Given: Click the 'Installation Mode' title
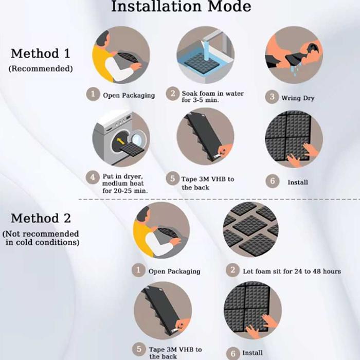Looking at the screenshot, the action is coord(181,6).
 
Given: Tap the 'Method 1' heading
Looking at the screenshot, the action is coord(41,53).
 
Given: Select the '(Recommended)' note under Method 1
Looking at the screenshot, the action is coord(41,68).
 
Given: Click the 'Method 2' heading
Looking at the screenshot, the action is coord(41,218).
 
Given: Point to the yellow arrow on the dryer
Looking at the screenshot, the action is coord(120,141).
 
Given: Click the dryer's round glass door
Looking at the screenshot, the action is coord(137,139).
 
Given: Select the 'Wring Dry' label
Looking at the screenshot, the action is coord(298,98).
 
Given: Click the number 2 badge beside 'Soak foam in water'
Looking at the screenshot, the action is coord(172,94).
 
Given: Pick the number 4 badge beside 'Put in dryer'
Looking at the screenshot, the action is coord(93,177).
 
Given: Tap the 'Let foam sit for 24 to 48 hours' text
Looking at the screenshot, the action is coord(292,272).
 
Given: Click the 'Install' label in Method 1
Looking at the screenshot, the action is coord(298,182).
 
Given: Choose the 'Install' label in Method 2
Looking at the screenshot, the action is coord(253,353).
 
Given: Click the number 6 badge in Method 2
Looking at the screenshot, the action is coord(233,353).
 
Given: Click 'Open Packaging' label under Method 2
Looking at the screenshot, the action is coord(174,272).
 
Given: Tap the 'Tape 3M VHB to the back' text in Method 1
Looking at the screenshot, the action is coord(208,183).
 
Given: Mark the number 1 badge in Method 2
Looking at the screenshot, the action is coord(138,270).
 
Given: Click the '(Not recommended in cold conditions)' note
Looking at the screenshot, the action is coord(41,238).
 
